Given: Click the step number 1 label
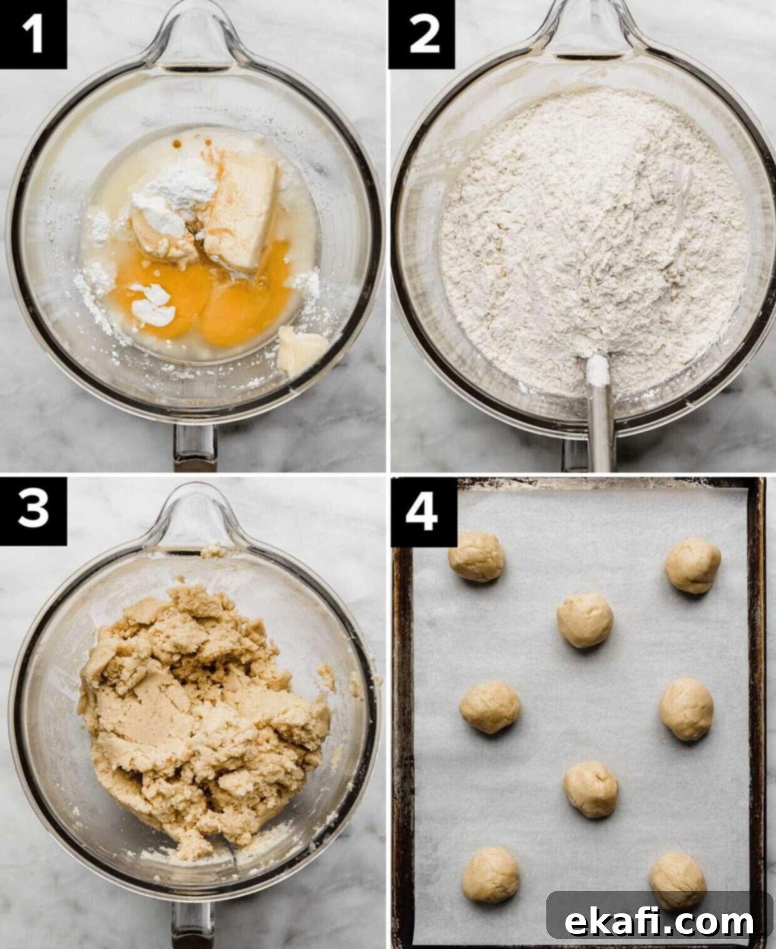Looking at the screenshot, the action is point(34,34).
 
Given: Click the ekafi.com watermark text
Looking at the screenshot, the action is point(659,909).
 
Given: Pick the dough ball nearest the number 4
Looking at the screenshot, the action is point(476,557).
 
